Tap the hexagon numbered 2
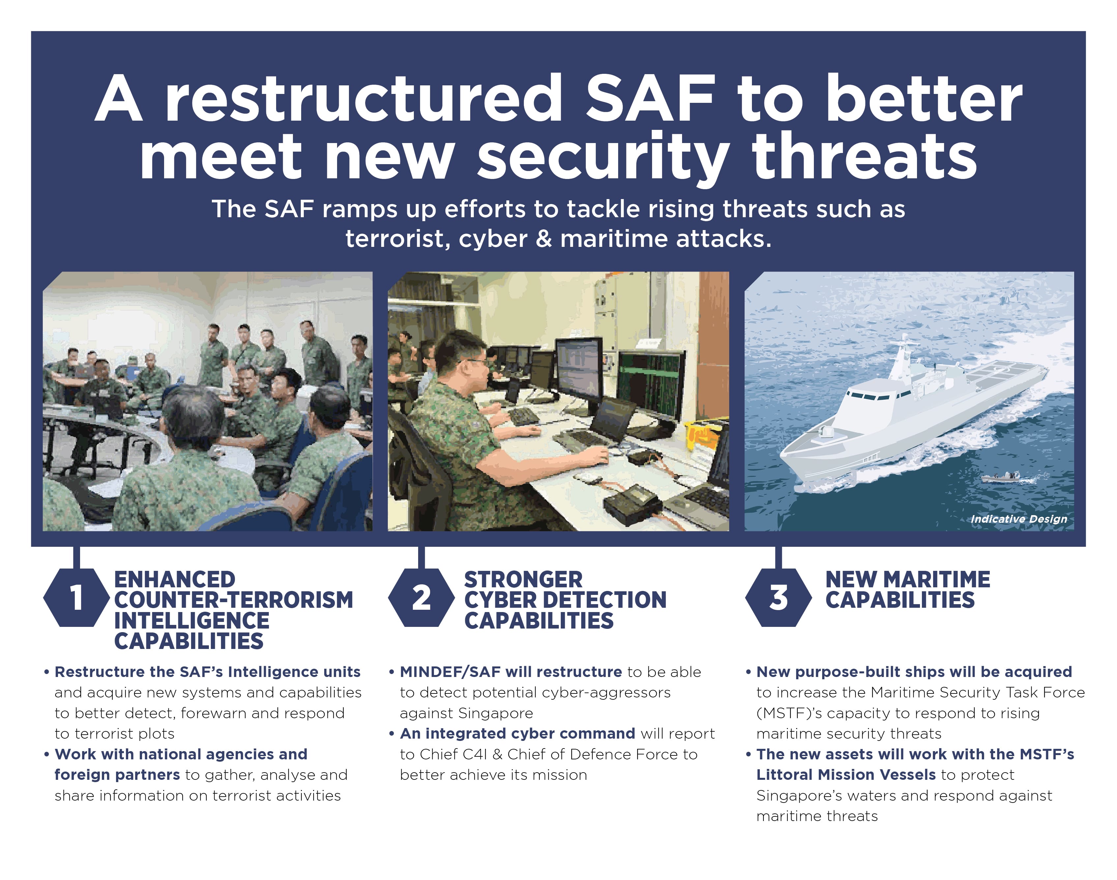pos(421,597)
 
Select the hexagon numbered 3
pos(778,597)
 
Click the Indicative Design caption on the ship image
pos(1018,519)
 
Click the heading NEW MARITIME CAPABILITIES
pos(907,589)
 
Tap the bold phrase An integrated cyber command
pos(518,733)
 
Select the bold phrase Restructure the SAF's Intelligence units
pos(208,672)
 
